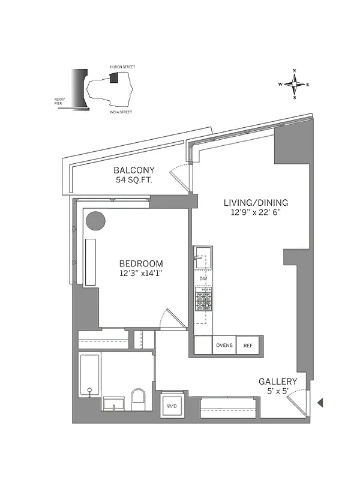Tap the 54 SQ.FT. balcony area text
pyautogui.click(x=134, y=180)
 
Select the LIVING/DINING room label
pyautogui.click(x=256, y=202)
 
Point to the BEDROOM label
pyautogui.click(x=141, y=263)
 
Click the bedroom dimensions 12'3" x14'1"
pyautogui.click(x=141, y=274)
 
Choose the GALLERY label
pyautogui.click(x=278, y=382)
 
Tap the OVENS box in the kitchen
pyautogui.click(x=224, y=346)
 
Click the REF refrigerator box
pyautogui.click(x=248, y=346)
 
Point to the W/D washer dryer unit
pyautogui.click(x=172, y=406)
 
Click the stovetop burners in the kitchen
pyautogui.click(x=203, y=299)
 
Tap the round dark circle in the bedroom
pyautogui.click(x=95, y=221)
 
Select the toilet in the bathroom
pyautogui.click(x=138, y=400)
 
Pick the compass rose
pyautogui.click(x=294, y=84)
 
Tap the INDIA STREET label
pyautogui.click(x=121, y=112)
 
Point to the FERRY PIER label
pyautogui.click(x=59, y=102)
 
